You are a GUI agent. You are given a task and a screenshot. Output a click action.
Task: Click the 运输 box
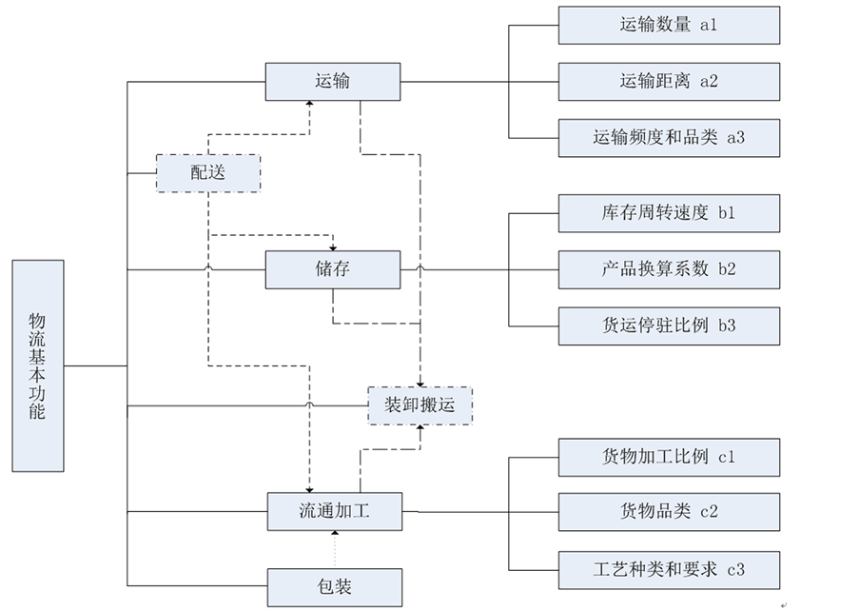331,82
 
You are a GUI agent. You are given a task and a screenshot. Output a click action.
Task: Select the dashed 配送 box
207,172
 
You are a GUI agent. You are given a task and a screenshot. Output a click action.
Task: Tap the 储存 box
331,269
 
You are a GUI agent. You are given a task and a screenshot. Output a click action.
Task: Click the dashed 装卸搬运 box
420,405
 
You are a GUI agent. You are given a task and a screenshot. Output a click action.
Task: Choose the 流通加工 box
333,511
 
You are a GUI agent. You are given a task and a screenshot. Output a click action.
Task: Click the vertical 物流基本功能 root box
38,365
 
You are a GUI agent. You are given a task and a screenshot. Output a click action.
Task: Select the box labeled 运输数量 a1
668,26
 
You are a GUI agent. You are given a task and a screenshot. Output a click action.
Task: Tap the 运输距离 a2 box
668,81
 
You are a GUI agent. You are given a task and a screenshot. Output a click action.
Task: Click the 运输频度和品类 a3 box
668,138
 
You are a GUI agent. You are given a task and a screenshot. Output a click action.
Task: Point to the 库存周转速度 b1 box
668,213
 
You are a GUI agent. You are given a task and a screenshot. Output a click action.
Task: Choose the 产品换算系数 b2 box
668,268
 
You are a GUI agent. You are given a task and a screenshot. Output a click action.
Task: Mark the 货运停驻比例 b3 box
668,325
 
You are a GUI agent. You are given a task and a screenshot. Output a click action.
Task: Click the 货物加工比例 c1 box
668,457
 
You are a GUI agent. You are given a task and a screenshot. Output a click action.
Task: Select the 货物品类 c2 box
668,511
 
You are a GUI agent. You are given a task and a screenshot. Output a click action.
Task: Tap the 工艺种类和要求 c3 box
668,569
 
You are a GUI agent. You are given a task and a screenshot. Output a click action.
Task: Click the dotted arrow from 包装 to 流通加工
334,549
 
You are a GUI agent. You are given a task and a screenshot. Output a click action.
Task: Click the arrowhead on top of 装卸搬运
420,382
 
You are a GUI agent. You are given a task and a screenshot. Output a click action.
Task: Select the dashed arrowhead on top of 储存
332,245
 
